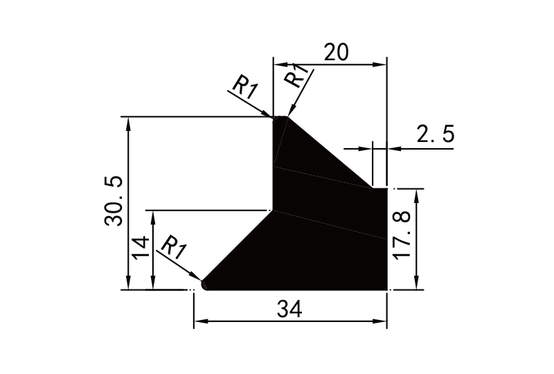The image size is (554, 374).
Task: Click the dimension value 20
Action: pos(336,53)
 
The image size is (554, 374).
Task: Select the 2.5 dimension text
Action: pos(436,134)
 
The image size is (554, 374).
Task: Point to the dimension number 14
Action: pos(139,247)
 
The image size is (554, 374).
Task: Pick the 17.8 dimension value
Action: pos(402,235)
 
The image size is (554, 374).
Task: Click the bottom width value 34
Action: pos(290,309)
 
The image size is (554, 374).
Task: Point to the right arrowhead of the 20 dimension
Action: pos(380,65)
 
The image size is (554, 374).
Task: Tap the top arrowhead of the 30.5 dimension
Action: pos(128,122)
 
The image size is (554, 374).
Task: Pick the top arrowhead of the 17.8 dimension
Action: pos(415,193)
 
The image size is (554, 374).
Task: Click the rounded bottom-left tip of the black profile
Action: pos(205,284)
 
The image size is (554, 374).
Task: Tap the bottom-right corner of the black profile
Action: pos(386,289)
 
